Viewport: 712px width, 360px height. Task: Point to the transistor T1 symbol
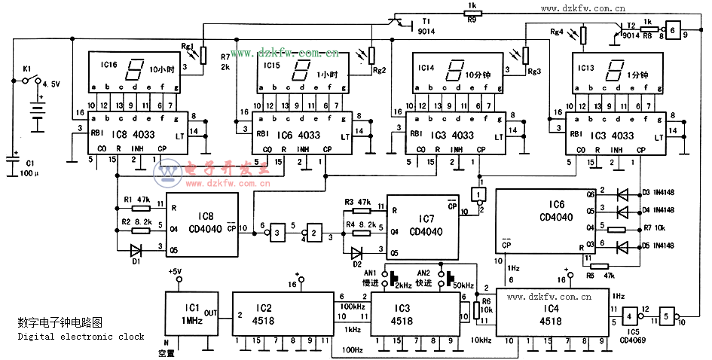pyautogui.click(x=399, y=22)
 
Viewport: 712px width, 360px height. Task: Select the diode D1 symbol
pyautogui.click(x=136, y=249)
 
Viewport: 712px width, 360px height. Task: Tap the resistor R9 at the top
pyautogui.click(x=472, y=13)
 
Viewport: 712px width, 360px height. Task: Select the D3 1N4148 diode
pyautogui.click(x=622, y=194)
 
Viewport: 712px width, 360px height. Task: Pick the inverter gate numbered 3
pyautogui.click(x=278, y=234)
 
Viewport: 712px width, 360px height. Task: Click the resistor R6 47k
pyautogui.click(x=600, y=265)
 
